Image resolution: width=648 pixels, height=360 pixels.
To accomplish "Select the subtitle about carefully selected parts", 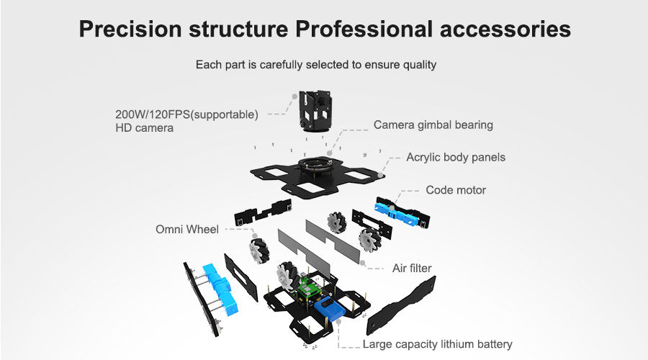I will [x=316, y=65].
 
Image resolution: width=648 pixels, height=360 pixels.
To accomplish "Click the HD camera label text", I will [x=144, y=128].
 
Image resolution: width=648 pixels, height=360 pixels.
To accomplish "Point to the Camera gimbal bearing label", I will [x=433, y=125].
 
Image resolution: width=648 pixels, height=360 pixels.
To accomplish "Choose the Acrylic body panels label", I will [x=455, y=157].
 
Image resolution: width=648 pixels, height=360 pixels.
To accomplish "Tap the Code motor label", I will [x=455, y=190].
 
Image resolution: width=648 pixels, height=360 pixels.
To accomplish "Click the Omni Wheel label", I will [x=187, y=230].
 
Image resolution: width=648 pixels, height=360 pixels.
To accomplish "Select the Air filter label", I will [x=412, y=269].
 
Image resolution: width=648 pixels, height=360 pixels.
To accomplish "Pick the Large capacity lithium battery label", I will [x=437, y=344].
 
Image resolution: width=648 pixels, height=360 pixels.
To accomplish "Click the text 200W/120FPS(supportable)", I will [x=186, y=114].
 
